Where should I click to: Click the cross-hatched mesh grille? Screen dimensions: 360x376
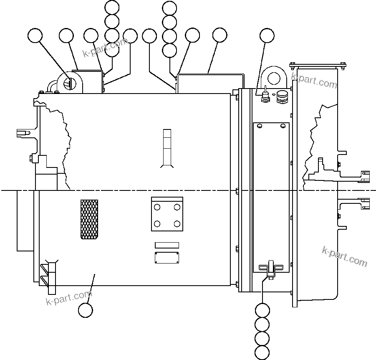click(x=89, y=219)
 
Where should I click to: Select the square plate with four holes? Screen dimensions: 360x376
click(x=167, y=214)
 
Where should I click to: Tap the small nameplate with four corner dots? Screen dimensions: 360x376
click(x=167, y=258)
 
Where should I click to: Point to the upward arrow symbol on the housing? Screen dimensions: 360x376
click(x=167, y=148)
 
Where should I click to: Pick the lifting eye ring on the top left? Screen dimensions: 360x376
click(x=69, y=82)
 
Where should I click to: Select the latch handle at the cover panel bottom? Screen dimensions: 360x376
click(x=270, y=268)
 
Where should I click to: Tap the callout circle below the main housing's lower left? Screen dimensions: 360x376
click(x=86, y=310)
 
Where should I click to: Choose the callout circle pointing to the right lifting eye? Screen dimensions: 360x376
click(x=267, y=36)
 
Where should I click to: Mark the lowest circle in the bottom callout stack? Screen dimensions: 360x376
click(x=262, y=352)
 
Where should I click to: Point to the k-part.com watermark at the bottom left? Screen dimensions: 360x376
click(x=68, y=297)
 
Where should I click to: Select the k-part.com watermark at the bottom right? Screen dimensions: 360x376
click(x=345, y=256)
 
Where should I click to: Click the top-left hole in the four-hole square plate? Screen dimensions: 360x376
click(x=157, y=207)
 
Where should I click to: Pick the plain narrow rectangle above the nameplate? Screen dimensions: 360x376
click(x=167, y=245)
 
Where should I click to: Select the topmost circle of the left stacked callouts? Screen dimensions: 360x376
click(x=112, y=7)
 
